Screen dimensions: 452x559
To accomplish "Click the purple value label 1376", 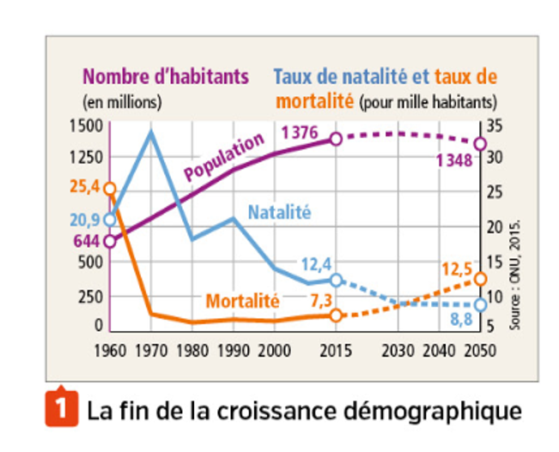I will (x=301, y=133).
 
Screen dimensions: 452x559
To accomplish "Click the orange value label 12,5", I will (x=458, y=268).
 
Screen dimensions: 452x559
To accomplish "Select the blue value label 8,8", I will (x=460, y=320).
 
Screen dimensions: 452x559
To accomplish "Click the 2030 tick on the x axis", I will (x=399, y=351).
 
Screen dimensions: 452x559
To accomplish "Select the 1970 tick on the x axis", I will (x=151, y=351).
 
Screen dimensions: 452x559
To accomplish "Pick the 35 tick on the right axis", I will (x=496, y=126).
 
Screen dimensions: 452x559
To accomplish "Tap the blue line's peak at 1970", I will (x=151, y=131).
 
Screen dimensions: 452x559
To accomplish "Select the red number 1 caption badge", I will (x=56, y=409).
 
